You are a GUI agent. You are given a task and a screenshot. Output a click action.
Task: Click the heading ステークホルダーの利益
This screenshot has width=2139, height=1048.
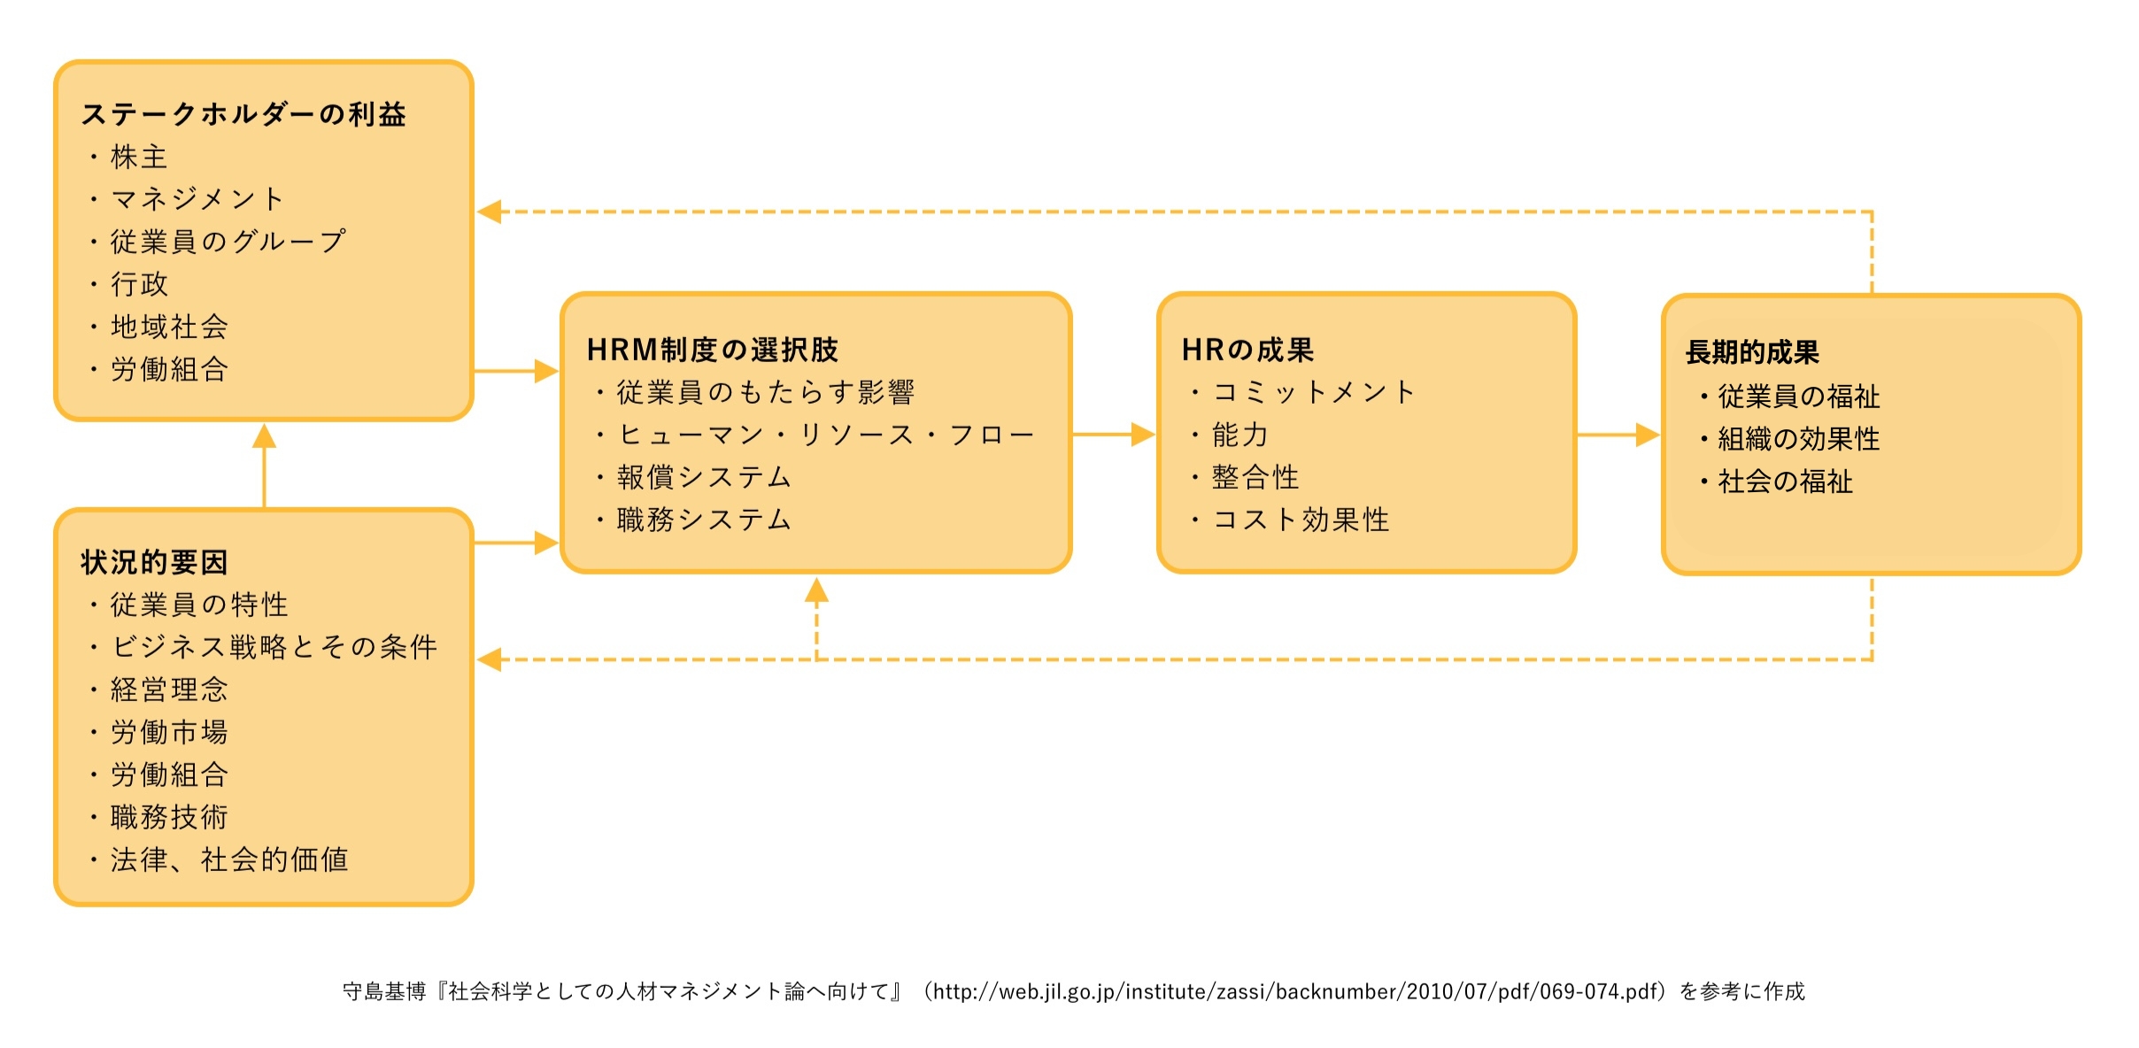[243, 114]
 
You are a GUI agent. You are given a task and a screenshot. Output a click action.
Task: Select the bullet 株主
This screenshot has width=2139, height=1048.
[139, 157]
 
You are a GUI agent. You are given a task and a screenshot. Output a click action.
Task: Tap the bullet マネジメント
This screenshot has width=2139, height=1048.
[197, 199]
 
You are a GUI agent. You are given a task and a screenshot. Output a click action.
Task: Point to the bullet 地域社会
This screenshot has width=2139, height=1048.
[169, 327]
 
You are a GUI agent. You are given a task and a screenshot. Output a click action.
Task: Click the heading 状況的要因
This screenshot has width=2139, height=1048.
[155, 562]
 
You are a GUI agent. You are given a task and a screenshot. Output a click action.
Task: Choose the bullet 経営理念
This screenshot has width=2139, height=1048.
[169, 690]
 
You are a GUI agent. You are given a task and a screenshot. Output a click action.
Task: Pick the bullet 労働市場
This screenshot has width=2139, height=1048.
[169, 732]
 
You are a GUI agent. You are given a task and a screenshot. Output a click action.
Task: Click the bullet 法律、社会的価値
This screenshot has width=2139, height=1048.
[229, 859]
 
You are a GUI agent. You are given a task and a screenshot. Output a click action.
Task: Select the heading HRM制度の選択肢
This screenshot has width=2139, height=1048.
[713, 350]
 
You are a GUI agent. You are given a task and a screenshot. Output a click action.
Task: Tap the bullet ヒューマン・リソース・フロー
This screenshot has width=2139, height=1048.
[826, 435]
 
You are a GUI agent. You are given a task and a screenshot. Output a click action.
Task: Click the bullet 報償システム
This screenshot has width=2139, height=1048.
[704, 477]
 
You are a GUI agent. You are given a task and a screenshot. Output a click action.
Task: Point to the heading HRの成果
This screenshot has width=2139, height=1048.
[1248, 350]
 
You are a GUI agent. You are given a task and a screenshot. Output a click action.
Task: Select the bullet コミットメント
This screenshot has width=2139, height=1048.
[1314, 392]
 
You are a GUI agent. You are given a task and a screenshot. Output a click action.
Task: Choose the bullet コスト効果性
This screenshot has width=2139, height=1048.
[1301, 520]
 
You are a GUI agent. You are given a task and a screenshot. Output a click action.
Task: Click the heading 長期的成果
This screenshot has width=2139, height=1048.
[1752, 352]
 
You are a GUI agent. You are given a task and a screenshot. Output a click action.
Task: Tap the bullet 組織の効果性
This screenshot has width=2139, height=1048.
[1799, 439]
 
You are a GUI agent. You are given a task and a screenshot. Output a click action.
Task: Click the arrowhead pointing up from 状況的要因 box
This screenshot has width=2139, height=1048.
[264, 435]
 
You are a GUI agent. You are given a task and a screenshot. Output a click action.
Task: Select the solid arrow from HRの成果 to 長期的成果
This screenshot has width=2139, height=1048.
[1618, 435]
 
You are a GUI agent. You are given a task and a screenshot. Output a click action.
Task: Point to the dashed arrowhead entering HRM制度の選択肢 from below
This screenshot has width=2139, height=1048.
[816, 590]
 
